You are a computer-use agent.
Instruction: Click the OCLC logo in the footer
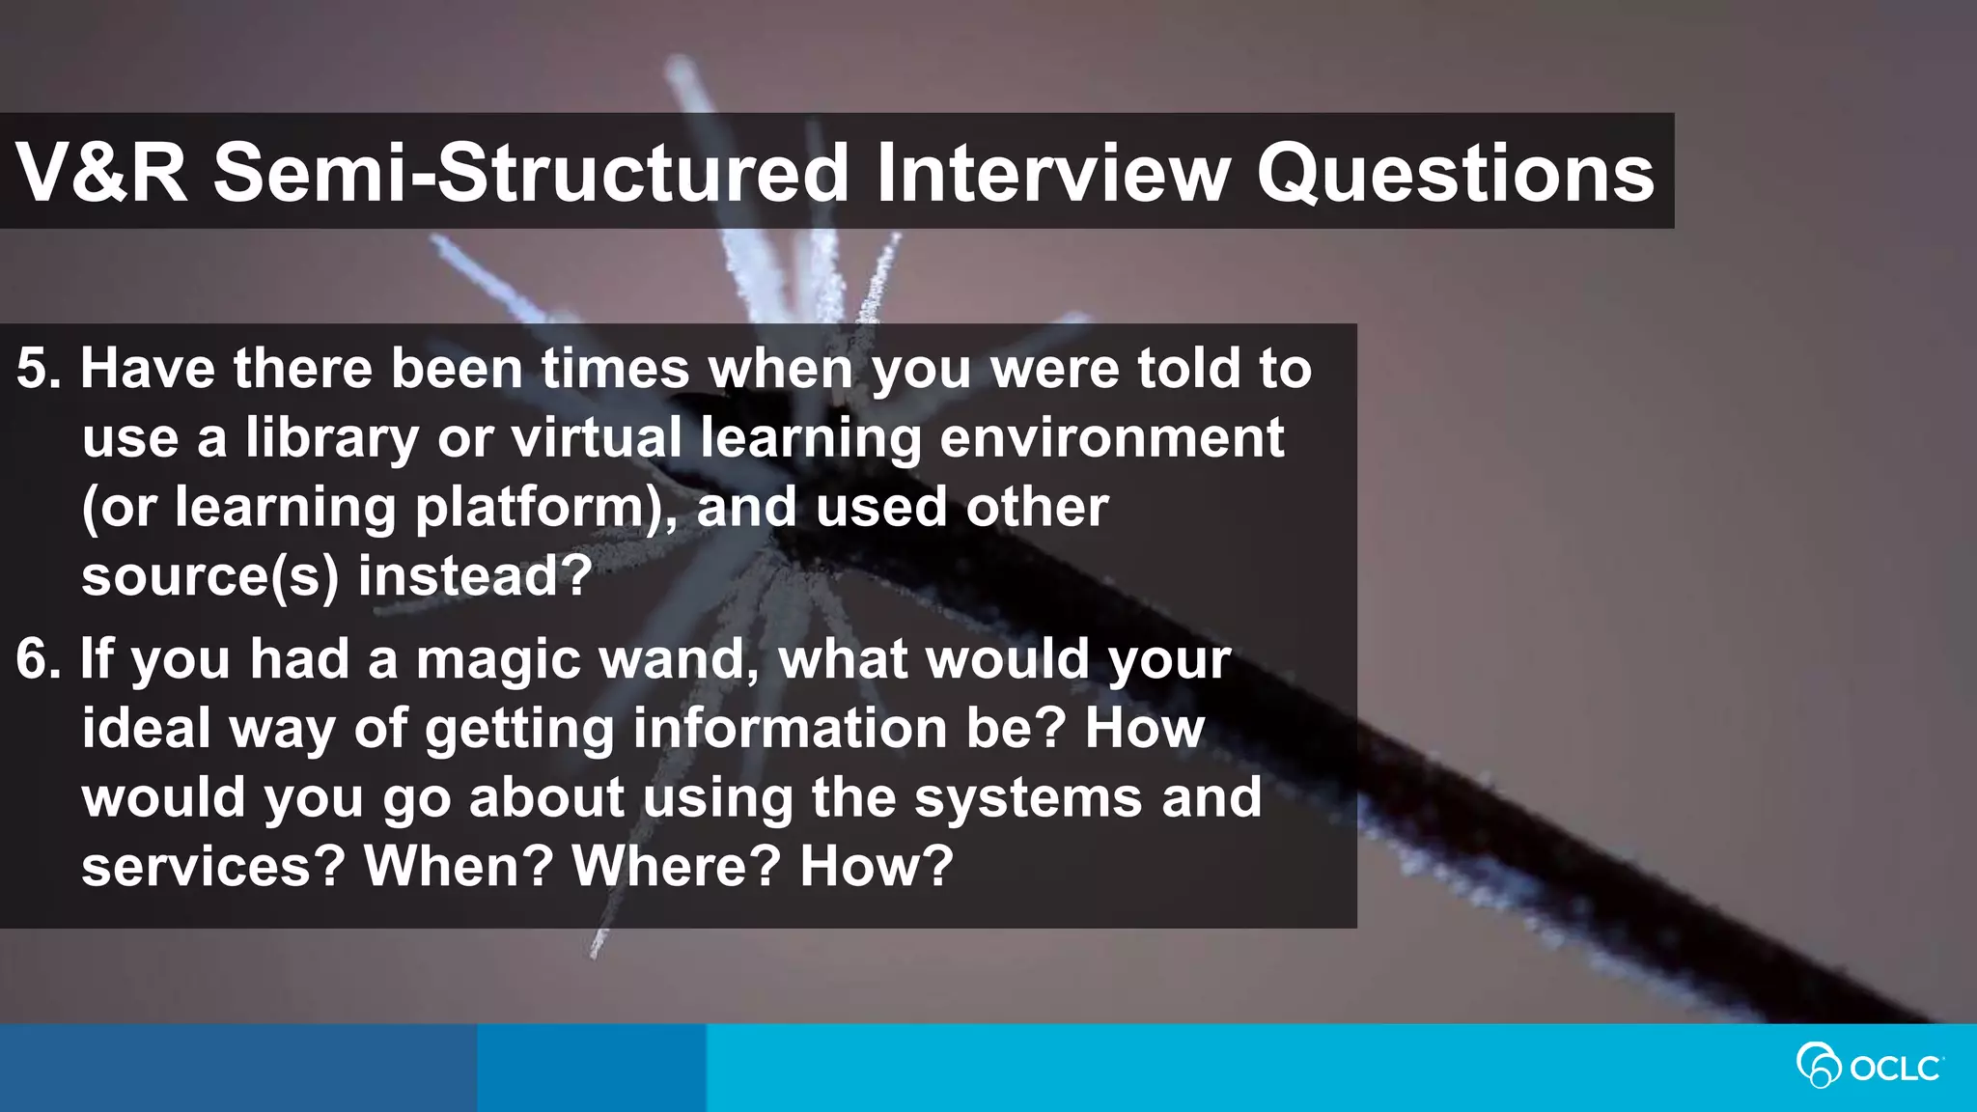(1869, 1067)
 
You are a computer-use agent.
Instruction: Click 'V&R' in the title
(101, 174)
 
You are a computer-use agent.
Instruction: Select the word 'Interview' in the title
(1052, 174)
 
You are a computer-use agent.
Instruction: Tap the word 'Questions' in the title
(1455, 174)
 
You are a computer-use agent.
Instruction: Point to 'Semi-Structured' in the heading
(530, 174)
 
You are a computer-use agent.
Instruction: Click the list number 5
(37, 370)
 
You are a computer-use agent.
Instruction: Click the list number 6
(37, 660)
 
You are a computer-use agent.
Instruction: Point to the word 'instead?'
(474, 577)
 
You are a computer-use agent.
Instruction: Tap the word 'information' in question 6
(790, 730)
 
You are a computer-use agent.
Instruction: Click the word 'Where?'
(676, 867)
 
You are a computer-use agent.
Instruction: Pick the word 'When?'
(459, 867)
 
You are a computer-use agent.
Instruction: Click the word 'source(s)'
(209, 577)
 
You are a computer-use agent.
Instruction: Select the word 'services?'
(212, 867)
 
